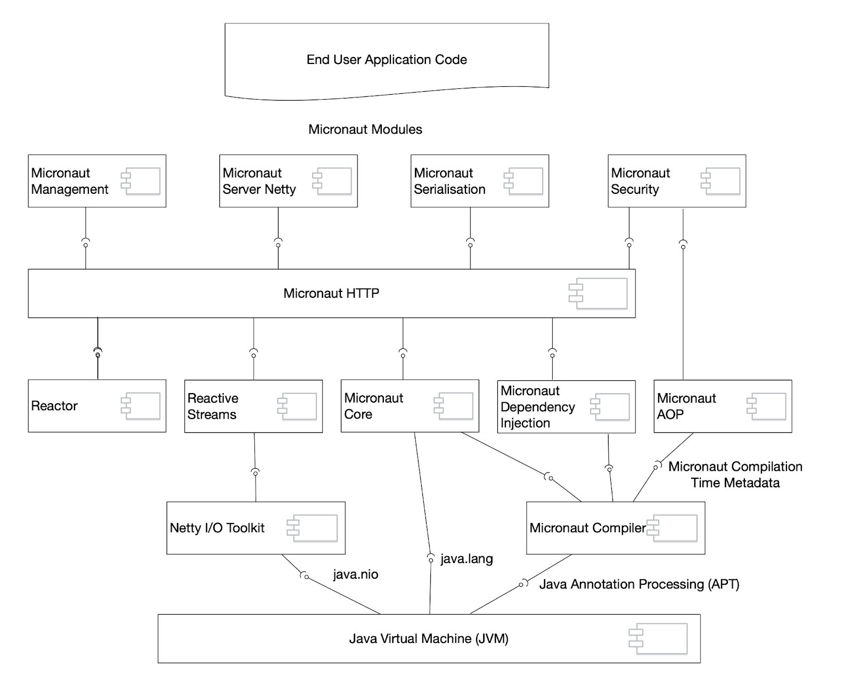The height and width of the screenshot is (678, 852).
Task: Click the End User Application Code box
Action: click(x=387, y=60)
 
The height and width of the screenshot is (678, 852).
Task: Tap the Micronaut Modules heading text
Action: click(x=365, y=129)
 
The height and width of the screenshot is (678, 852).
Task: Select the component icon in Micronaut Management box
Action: click(x=141, y=181)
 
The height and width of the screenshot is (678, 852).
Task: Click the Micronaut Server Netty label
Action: click(x=259, y=181)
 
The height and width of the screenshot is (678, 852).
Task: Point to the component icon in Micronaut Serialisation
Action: click(x=523, y=181)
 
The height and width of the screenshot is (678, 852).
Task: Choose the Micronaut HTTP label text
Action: click(x=331, y=293)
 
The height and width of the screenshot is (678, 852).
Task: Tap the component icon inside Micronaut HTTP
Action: click(x=598, y=293)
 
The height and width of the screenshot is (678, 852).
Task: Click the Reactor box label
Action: click(x=54, y=406)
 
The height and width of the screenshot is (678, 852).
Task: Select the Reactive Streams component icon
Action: click(x=297, y=406)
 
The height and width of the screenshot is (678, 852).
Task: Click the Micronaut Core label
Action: click(x=373, y=406)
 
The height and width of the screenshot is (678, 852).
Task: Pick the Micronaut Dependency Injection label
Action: click(x=537, y=407)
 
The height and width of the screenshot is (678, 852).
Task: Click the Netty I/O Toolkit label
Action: click(x=217, y=528)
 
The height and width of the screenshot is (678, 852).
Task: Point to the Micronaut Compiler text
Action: click(x=587, y=528)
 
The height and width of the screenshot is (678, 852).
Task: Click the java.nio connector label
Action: click(x=356, y=575)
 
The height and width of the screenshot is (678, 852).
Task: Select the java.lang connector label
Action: click(x=466, y=559)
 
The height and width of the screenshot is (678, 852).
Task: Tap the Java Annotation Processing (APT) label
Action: click(x=639, y=584)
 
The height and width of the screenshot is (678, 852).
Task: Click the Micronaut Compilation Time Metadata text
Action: click(x=735, y=475)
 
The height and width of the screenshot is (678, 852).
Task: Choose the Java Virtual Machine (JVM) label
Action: click(x=429, y=639)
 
